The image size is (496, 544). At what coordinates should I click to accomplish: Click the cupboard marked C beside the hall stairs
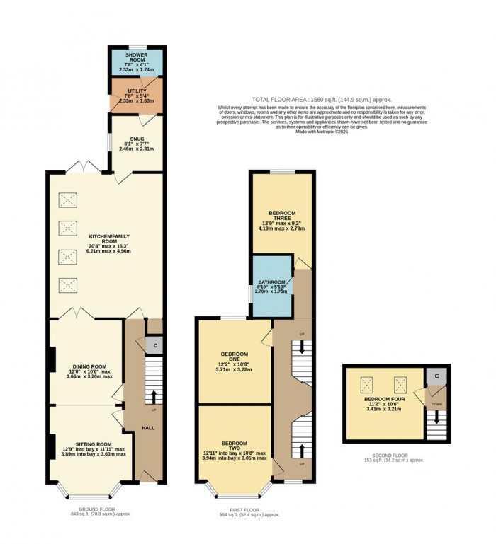pos(154,345)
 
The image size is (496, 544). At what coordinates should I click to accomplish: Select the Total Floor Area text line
pos(322,100)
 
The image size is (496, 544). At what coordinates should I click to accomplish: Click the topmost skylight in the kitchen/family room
pos(68,199)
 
